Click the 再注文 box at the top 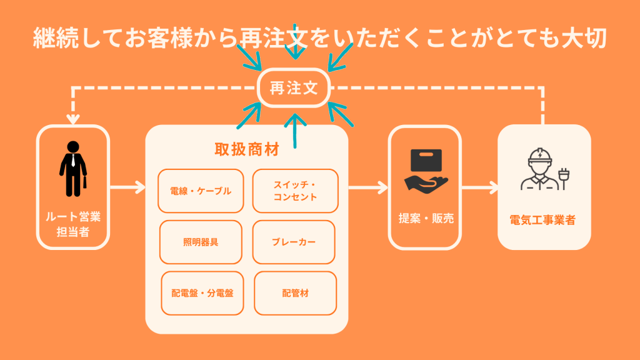[294, 89]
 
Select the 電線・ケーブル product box [200, 191]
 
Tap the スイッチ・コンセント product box [295, 191]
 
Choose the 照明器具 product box [200, 242]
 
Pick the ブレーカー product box [294, 242]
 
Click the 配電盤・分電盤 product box [202, 292]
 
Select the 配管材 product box [296, 292]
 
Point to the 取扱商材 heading [247, 150]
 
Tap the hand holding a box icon [425, 170]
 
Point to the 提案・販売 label [426, 219]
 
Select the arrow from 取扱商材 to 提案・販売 [369, 186]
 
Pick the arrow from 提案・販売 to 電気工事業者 [480, 186]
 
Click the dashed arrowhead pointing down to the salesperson [74, 118]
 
